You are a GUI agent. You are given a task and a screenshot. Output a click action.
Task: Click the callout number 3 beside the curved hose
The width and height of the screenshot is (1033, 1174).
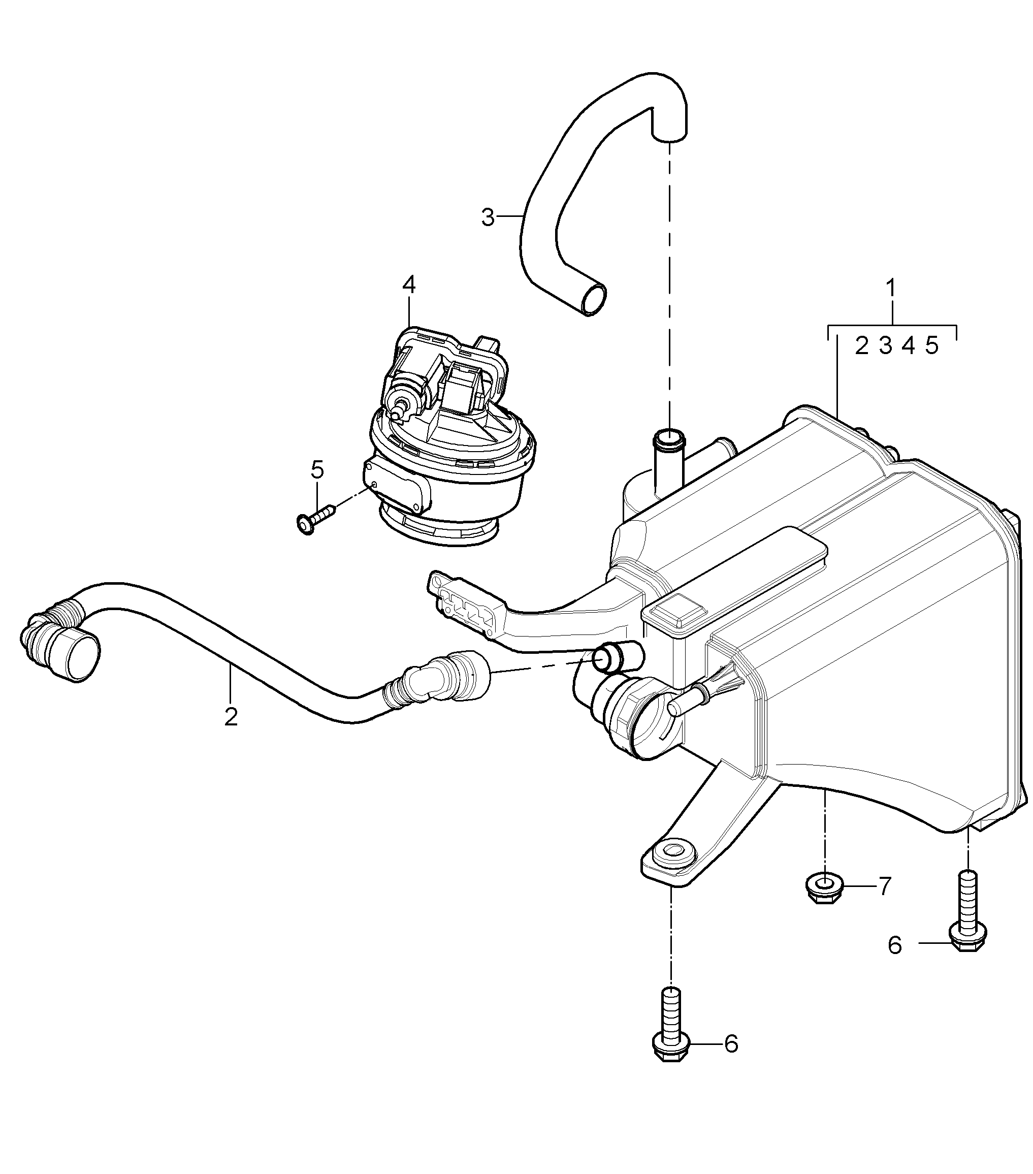click(x=488, y=218)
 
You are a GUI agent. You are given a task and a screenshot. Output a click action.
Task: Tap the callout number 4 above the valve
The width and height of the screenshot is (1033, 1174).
click(x=409, y=285)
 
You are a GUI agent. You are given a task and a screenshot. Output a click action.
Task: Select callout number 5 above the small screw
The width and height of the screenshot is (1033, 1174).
click(x=317, y=469)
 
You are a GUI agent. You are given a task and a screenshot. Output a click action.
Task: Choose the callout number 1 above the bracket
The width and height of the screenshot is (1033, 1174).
click(x=891, y=289)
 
